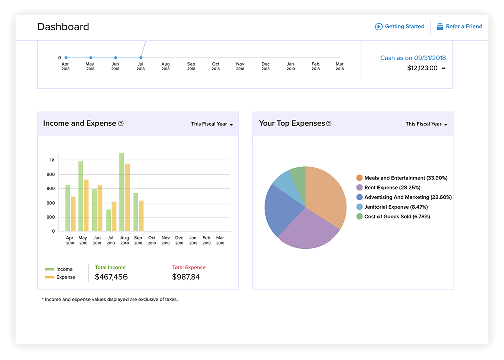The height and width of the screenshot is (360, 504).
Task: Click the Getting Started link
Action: pos(400,27)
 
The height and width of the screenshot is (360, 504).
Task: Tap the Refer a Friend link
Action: pos(459,27)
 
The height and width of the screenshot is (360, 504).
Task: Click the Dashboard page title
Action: pos(63,27)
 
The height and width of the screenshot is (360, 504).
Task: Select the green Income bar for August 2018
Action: pos(122,192)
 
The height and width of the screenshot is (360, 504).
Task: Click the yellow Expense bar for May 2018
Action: pos(86,205)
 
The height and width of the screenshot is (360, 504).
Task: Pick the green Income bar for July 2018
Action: pos(109,220)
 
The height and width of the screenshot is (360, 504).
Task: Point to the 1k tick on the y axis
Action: pos(52,160)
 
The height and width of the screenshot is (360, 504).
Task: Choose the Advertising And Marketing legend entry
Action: pos(404,197)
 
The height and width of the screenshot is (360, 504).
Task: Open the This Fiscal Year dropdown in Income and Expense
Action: pos(212,124)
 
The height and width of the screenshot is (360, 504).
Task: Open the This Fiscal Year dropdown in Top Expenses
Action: pos(426,124)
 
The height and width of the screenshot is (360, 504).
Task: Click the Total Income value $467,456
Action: pos(111,277)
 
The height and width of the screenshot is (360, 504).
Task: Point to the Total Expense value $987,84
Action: pos(186,277)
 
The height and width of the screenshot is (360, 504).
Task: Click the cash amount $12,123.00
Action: pos(422,68)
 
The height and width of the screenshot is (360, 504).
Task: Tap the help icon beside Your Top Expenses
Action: pos(329,124)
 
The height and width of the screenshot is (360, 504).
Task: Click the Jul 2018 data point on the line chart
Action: pos(141,58)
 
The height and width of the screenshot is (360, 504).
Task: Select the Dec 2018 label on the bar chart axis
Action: pos(179,240)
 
